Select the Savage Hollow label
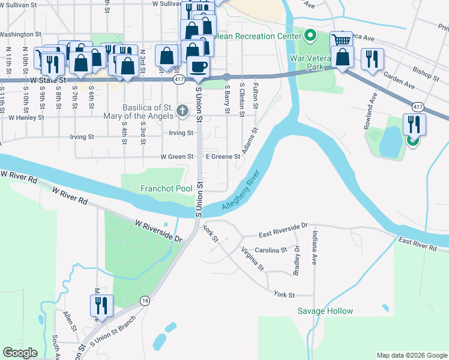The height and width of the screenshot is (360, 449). point(325,311)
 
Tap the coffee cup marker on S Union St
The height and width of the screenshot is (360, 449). point(198,65)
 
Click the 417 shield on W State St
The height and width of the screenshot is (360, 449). point(179,79)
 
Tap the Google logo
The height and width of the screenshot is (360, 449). point(20,353)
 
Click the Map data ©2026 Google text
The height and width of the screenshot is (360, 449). point(411,355)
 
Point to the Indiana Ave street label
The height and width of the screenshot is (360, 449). point(314,247)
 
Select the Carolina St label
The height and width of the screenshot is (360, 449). point(271,250)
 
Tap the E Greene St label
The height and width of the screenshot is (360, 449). point(223,157)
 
